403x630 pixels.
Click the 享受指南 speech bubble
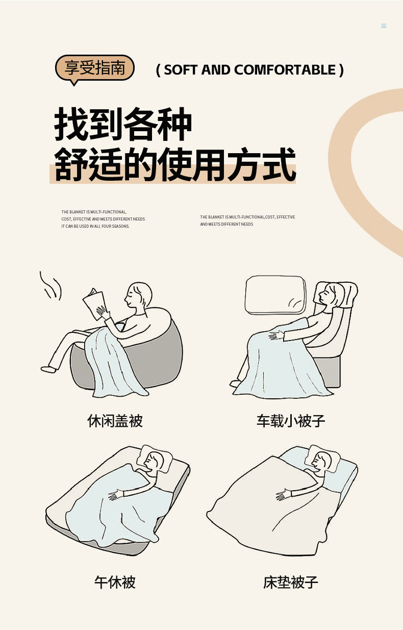click(x=95, y=68)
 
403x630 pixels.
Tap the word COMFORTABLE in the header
click(x=285, y=70)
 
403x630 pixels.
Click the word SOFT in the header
click(x=181, y=70)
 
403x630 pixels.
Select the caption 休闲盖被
click(x=115, y=421)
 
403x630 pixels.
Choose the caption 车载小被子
click(x=291, y=421)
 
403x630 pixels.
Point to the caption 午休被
click(x=115, y=583)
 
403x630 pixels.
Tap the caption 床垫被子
click(x=291, y=583)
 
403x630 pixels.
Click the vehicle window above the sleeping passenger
click(x=275, y=295)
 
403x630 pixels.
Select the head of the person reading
click(x=138, y=295)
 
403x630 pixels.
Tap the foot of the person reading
click(x=48, y=369)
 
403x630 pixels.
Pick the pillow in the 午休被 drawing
click(x=155, y=459)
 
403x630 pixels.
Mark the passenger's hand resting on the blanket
click(x=276, y=335)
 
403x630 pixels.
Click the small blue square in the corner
click(x=384, y=26)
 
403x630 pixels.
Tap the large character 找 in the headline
click(x=71, y=124)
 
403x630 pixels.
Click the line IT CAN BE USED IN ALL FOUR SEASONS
click(x=95, y=226)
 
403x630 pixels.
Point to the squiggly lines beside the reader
click(x=51, y=285)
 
